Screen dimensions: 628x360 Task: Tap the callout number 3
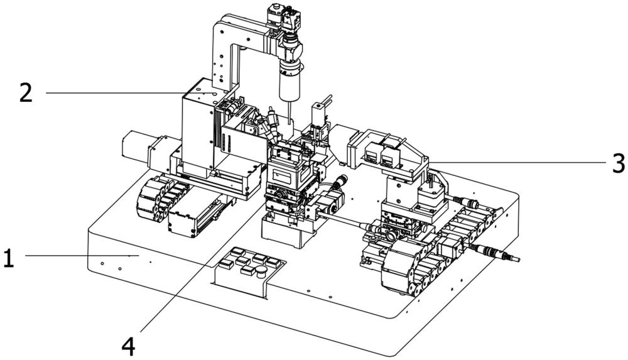(x=619, y=163)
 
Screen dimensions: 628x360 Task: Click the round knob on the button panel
(x=261, y=271)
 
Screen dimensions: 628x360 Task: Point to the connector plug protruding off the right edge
(x=497, y=253)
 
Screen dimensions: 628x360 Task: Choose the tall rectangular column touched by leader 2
(x=199, y=128)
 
